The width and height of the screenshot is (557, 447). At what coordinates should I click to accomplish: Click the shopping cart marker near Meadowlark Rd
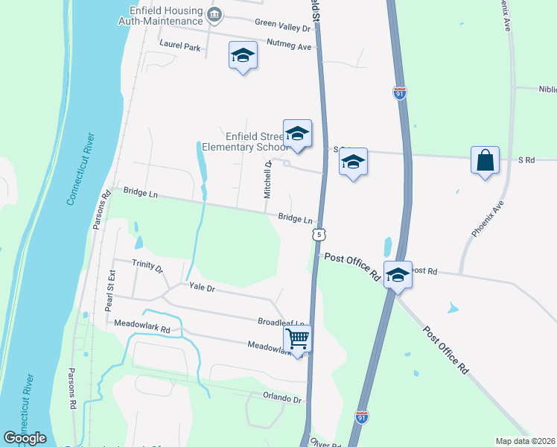coord(298,340)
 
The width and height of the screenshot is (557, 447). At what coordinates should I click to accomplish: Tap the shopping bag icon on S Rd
coord(485,160)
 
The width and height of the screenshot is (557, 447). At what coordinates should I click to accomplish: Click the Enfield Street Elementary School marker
coord(297,134)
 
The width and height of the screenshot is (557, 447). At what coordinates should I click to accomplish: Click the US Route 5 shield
coord(319,235)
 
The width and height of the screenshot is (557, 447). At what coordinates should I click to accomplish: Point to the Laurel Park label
coord(180,45)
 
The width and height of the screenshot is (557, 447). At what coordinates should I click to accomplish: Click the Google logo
coord(25,438)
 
